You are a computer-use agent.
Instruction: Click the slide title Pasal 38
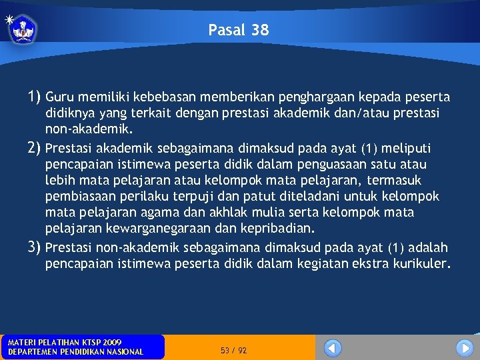pyautogui.click(x=239, y=30)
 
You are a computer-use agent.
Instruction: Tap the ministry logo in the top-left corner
pyautogui.click(x=23, y=29)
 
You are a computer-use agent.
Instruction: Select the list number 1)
pyautogui.click(x=35, y=97)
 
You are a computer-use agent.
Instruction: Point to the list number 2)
pyautogui.click(x=35, y=147)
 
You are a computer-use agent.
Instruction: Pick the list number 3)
pyautogui.click(x=35, y=247)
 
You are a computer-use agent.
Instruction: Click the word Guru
pyautogui.click(x=61, y=97)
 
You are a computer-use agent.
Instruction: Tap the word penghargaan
pyautogui.click(x=325, y=97)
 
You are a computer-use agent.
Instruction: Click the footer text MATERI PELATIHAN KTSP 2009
pyautogui.click(x=65, y=342)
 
